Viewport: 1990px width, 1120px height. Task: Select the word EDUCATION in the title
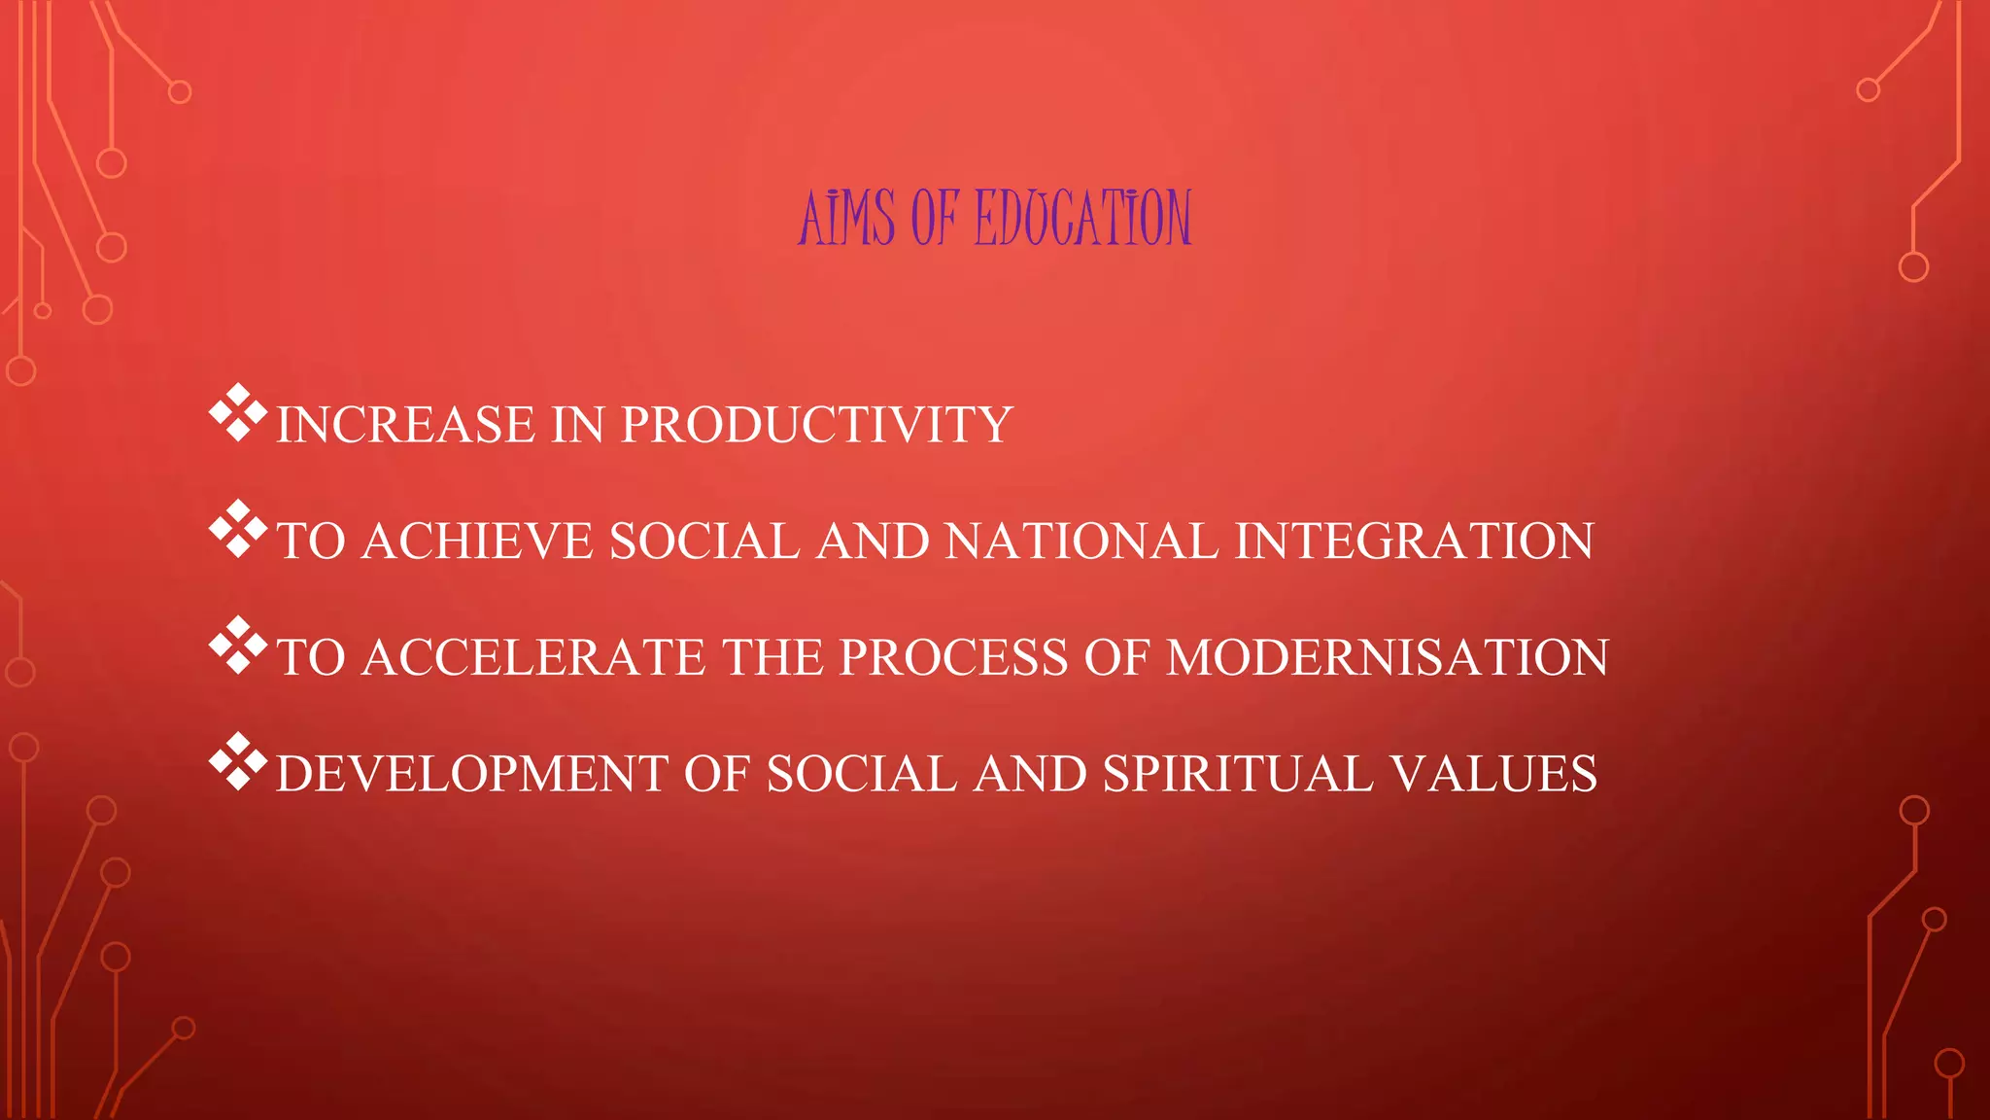pyautogui.click(x=1082, y=218)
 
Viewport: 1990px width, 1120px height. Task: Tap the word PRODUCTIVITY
pyautogui.click(x=816, y=425)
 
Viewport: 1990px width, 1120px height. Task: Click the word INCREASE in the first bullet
pyautogui.click(x=405, y=425)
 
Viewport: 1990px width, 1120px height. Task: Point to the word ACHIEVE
pyautogui.click(x=477, y=542)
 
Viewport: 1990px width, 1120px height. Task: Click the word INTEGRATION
pyautogui.click(x=1414, y=542)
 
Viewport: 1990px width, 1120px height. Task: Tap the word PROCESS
pyautogui.click(x=953, y=658)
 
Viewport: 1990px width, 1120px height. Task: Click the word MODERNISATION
pyautogui.click(x=1388, y=658)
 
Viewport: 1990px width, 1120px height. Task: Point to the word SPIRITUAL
pyautogui.click(x=1238, y=775)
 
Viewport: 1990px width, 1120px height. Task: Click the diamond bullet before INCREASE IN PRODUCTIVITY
pyautogui.click(x=238, y=413)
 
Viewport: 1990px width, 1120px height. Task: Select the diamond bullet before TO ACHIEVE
pyautogui.click(x=238, y=530)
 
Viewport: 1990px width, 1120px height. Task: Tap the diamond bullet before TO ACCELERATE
pyautogui.click(x=238, y=647)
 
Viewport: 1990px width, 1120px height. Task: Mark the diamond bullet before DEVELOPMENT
pyautogui.click(x=238, y=762)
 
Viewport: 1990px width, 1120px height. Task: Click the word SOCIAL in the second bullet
pyautogui.click(x=703, y=542)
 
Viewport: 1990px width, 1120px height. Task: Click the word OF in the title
pyautogui.click(x=935, y=218)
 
